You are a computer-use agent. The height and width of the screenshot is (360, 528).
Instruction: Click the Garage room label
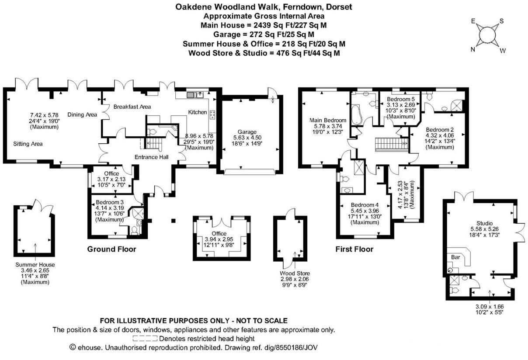[x=247, y=132]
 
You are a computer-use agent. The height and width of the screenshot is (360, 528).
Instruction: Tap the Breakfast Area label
[x=132, y=107]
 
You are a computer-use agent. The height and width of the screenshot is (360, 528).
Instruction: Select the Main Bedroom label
[x=328, y=121]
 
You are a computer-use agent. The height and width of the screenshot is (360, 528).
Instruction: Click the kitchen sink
[x=195, y=95]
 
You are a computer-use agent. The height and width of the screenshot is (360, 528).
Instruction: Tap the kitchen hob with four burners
[x=212, y=114]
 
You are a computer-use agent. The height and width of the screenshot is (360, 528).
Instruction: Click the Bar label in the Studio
[x=455, y=257]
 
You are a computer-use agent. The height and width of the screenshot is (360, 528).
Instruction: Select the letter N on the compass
[x=472, y=49]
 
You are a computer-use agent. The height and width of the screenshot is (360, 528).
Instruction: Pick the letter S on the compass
[x=502, y=21]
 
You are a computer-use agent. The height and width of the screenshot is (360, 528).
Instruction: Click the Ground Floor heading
[x=111, y=249]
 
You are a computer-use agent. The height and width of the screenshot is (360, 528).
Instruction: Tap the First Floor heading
[x=354, y=249]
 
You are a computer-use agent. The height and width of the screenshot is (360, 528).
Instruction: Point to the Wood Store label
[x=295, y=273]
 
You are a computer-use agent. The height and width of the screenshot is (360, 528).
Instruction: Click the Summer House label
[x=35, y=265]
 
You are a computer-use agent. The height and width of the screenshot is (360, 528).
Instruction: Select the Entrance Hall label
[x=151, y=157]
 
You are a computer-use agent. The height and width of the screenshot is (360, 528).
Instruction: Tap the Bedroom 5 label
[x=400, y=99]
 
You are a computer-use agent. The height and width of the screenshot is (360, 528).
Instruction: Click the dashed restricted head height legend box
[x=145, y=339]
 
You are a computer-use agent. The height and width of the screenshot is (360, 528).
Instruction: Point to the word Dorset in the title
[x=339, y=7]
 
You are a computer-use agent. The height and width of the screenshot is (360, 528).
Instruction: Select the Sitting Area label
[x=28, y=144]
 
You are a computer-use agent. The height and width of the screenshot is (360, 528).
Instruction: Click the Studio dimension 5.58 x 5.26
[x=484, y=229]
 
